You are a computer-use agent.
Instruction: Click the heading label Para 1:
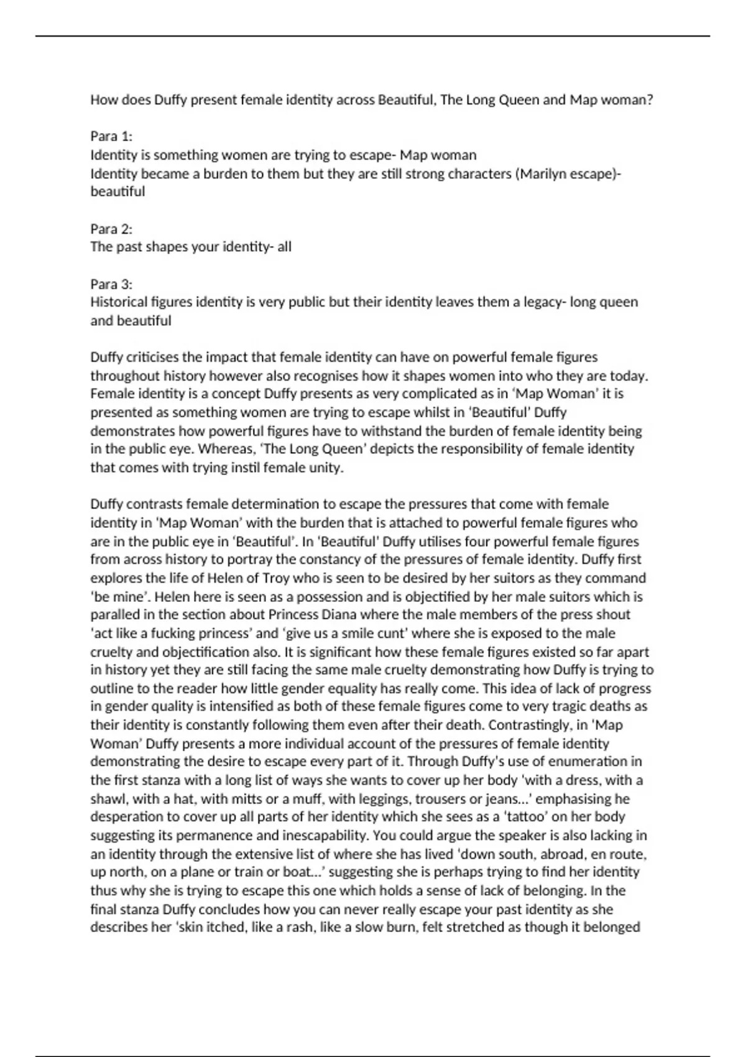point(111,136)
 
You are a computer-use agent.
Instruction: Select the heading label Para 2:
point(111,228)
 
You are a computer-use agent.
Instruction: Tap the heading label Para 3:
point(111,284)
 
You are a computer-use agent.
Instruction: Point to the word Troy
point(274,578)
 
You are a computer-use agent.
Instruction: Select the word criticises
point(159,357)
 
